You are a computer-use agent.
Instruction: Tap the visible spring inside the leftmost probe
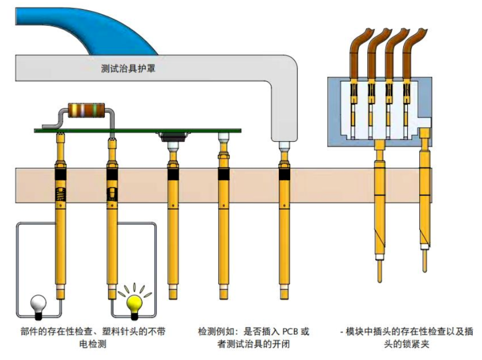[x=59, y=194]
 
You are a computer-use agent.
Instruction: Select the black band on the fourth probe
[x=224, y=175]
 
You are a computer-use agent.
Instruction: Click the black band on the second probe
[x=113, y=175]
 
